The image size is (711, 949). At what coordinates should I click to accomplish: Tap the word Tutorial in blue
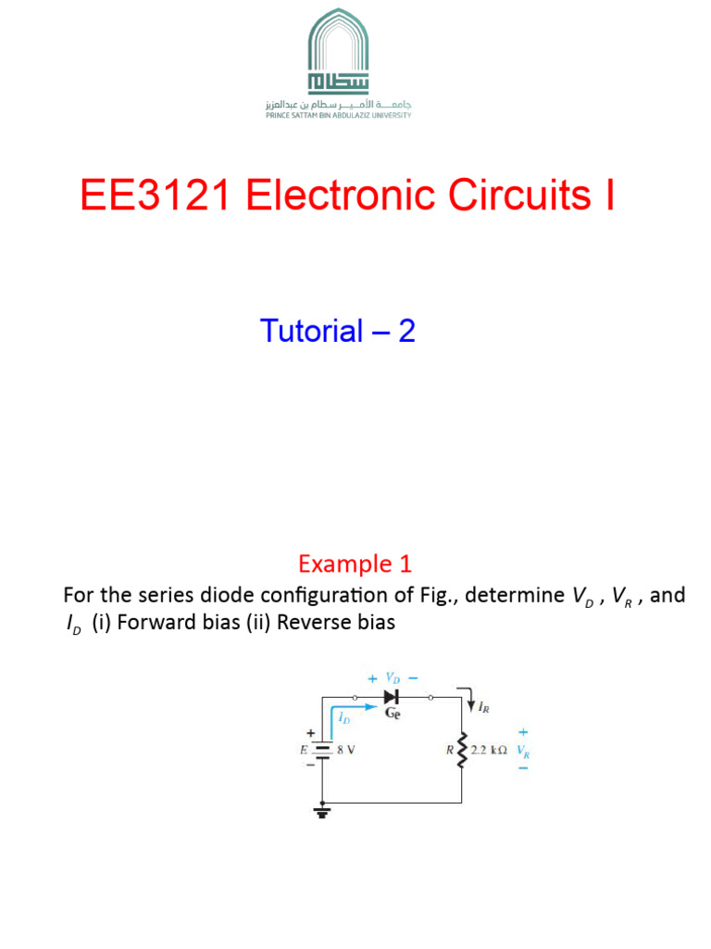click(x=311, y=331)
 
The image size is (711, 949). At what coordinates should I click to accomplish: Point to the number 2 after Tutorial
click(x=406, y=331)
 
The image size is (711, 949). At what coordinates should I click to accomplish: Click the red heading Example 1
click(x=355, y=563)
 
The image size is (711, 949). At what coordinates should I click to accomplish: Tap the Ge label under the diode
click(x=393, y=715)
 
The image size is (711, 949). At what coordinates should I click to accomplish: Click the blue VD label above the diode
click(x=393, y=677)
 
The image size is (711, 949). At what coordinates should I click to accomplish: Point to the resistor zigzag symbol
click(x=460, y=752)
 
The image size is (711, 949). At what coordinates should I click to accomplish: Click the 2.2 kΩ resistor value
click(x=489, y=752)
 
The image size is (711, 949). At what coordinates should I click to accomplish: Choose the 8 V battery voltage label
click(x=346, y=752)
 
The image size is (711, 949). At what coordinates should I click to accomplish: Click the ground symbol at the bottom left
click(x=322, y=812)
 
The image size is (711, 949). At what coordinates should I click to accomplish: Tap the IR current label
click(x=483, y=709)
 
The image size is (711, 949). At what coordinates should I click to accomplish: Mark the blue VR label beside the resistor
click(x=524, y=752)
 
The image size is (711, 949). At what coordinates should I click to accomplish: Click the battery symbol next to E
click(x=322, y=752)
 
